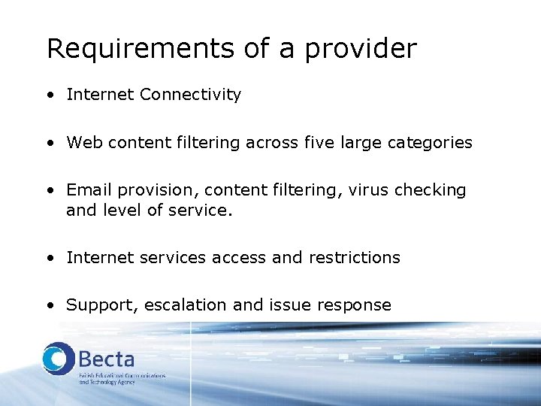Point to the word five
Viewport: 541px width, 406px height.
pos(321,143)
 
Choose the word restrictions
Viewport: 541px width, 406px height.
pos(353,258)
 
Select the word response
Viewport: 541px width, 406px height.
pos(355,305)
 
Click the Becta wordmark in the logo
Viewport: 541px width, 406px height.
pos(107,357)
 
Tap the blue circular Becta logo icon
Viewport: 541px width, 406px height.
pos(59,359)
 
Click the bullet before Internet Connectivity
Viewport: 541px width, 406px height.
pos(49,95)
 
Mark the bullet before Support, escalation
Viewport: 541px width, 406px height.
pos(49,306)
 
